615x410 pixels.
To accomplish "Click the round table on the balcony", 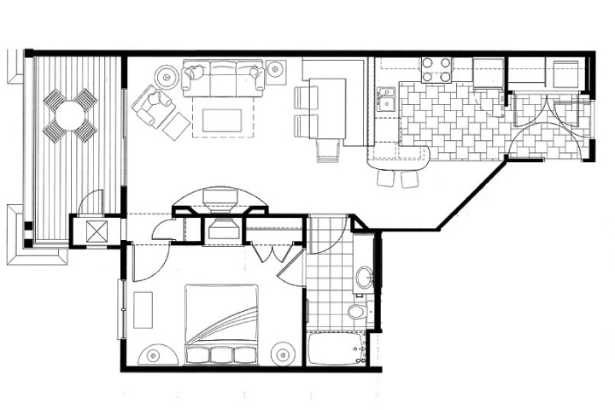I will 71,114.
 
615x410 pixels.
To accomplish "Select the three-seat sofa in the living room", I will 223,79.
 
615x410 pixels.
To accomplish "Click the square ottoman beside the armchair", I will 177,126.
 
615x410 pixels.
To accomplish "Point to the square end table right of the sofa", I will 275,69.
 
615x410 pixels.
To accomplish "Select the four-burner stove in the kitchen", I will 436,69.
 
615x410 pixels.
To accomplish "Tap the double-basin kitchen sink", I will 387,98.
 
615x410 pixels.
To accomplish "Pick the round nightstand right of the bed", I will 283,351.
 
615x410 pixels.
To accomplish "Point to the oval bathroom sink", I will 364,278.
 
